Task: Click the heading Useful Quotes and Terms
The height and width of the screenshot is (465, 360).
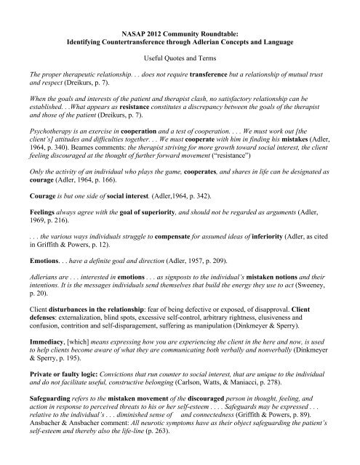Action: [x=180, y=64]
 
